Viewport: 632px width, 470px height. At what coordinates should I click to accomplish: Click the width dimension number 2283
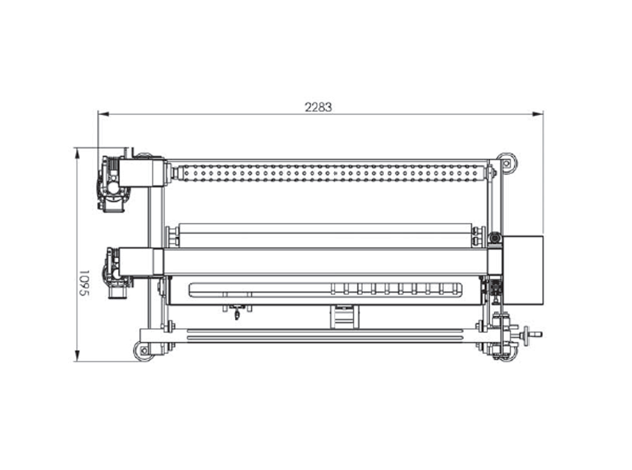pos(318,107)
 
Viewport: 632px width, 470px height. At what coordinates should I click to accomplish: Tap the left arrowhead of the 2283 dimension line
pos(103,114)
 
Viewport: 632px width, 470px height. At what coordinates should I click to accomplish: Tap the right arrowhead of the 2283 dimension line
pos(537,114)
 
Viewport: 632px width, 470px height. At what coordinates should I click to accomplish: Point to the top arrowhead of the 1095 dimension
pos(77,154)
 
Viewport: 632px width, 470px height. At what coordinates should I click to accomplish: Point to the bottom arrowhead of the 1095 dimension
pos(77,356)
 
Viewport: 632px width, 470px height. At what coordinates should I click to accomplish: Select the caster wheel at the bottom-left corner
pos(144,351)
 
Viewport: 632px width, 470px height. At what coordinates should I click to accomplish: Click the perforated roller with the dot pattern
pos(331,173)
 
